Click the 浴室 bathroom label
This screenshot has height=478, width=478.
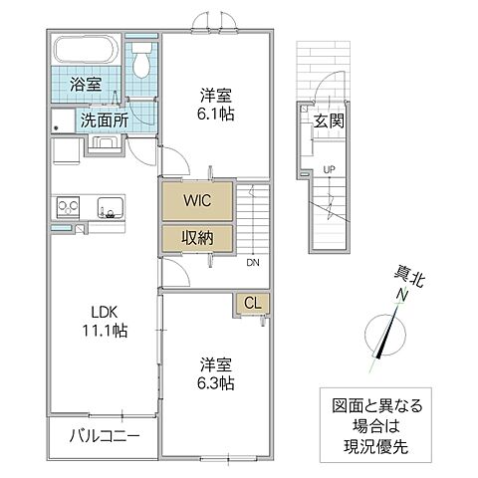(x=86, y=85)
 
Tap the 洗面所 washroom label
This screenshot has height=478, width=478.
(x=103, y=119)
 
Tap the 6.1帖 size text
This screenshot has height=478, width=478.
(x=215, y=116)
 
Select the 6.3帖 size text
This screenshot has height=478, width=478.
(x=215, y=381)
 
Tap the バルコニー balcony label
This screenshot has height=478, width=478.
(x=103, y=436)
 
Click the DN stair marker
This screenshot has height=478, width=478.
(x=254, y=263)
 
